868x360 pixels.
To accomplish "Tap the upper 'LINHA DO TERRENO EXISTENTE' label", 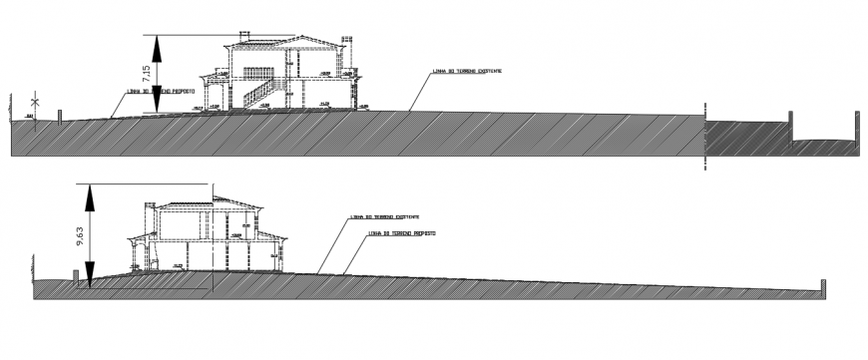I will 467,72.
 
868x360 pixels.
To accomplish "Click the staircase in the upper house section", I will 259,94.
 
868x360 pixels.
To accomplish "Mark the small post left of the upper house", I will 61,117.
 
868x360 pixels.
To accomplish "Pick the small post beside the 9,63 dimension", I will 77,276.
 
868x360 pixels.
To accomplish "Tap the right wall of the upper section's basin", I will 856,125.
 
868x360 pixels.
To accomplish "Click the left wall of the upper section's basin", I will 792,126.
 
